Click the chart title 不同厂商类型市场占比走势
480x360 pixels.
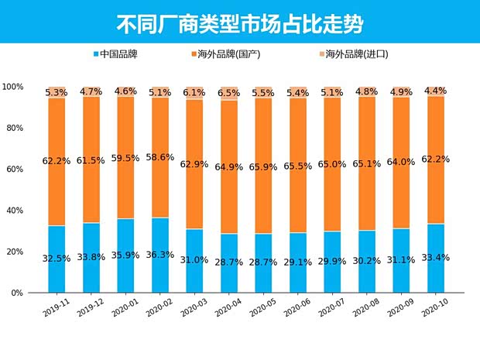coord(239,22)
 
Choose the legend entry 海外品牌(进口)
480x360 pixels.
coord(355,55)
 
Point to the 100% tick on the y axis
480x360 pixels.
coord(13,87)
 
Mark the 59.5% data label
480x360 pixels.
coord(126,158)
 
